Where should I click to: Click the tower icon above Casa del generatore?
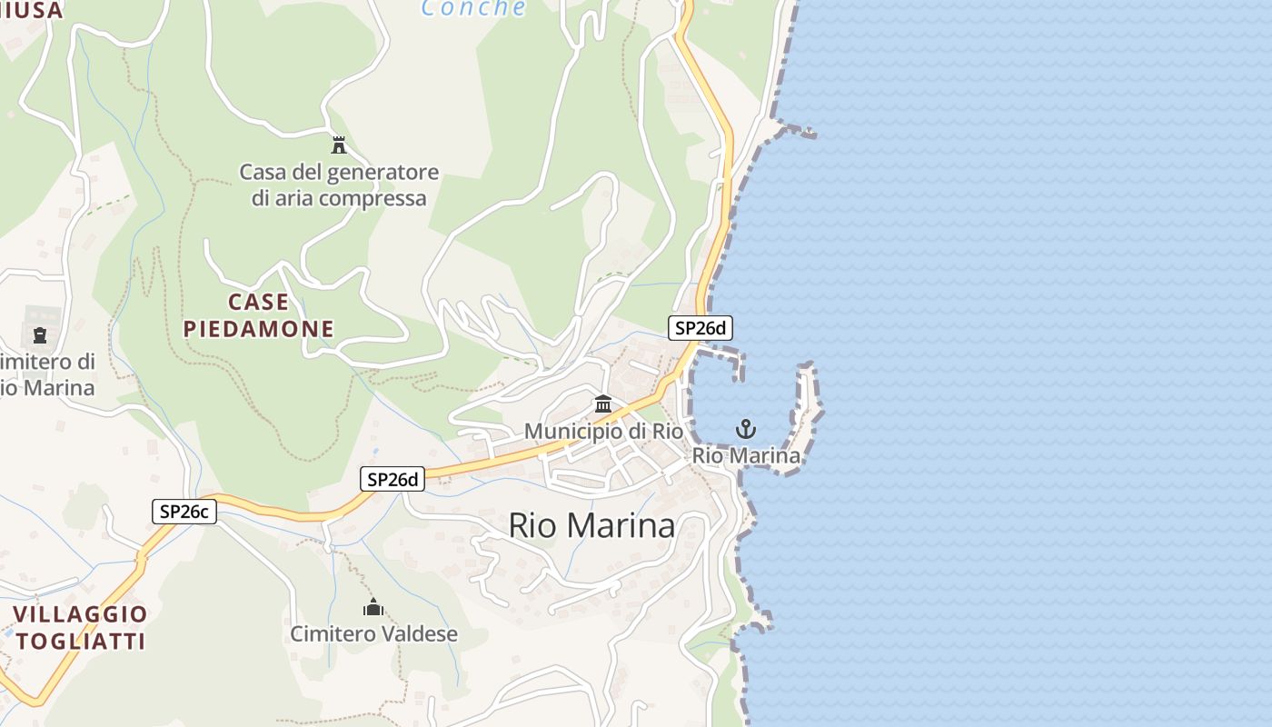(339, 144)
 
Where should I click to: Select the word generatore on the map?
(383, 172)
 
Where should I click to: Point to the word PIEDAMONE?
(259, 329)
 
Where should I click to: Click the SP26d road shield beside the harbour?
(701, 328)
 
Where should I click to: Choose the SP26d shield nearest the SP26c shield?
(393, 479)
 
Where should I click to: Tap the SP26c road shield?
(184, 512)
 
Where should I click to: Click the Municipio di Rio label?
(603, 431)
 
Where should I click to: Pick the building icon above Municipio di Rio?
(603, 403)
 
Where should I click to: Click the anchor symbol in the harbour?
(746, 428)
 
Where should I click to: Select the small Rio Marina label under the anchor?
(746, 455)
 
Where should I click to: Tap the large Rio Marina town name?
(591, 525)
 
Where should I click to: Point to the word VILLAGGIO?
(80, 613)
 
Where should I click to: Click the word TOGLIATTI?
(80, 641)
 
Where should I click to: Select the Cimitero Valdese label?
(373, 633)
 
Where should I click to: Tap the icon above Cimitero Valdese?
(373, 607)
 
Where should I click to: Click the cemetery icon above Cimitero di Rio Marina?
(40, 335)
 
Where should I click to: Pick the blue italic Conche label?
(473, 9)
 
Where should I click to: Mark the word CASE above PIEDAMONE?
(259, 302)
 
